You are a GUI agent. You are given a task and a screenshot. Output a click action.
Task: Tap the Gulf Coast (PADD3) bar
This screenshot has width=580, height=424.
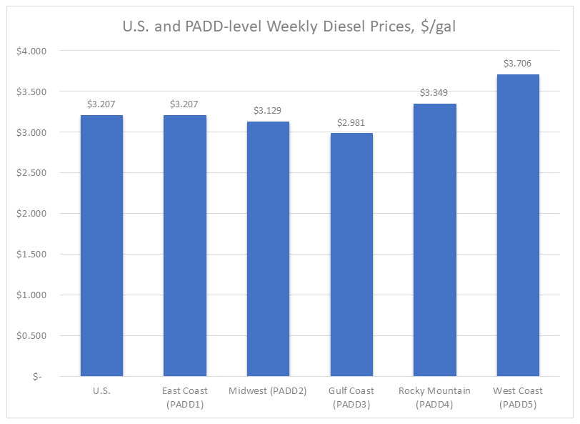tap(351, 255)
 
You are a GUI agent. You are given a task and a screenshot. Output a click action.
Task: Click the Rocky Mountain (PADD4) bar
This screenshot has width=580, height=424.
tap(435, 240)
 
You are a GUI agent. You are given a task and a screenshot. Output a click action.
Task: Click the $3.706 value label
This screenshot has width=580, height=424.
tap(518, 64)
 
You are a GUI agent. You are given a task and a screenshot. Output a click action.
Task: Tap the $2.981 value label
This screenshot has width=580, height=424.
tap(351, 122)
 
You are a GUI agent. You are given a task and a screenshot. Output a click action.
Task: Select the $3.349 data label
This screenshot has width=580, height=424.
tap(435, 93)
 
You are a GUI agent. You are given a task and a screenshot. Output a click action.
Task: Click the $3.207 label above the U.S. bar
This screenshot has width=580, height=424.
tap(101, 104)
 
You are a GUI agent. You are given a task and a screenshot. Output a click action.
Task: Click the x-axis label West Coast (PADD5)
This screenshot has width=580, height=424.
tap(518, 397)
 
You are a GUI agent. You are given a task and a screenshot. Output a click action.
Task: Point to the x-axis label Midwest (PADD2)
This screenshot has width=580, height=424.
tap(268, 391)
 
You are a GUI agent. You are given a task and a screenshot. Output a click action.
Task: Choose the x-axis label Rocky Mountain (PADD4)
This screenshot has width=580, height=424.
tap(435, 397)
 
